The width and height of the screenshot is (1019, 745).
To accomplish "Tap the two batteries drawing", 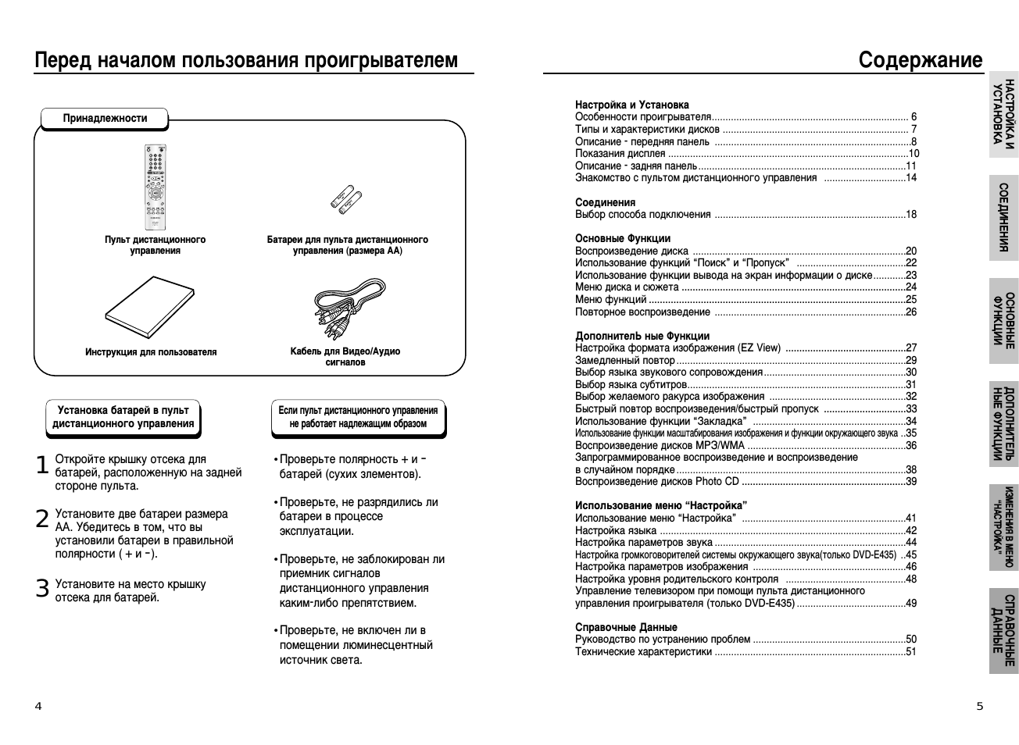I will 345,201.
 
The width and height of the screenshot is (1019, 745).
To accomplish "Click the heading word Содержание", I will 920,60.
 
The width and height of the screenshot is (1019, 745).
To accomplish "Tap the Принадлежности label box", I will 105,119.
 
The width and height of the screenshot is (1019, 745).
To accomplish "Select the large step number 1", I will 42,465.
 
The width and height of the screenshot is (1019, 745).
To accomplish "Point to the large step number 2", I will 42,519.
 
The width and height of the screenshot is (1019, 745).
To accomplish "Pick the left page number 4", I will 38,707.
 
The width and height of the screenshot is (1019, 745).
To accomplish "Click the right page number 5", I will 980,707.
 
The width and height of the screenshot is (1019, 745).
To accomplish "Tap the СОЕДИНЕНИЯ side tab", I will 1004,218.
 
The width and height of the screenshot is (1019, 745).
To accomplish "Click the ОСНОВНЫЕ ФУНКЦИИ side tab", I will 1004,320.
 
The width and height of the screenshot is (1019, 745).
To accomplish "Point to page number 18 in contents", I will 911,215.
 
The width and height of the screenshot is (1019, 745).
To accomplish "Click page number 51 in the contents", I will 911,651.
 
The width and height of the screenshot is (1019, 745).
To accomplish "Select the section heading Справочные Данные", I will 626,627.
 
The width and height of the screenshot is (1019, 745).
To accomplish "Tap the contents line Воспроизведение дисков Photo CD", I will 656,482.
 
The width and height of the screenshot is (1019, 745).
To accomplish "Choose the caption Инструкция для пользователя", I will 151,352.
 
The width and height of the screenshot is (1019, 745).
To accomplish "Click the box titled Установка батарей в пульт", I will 123,417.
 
